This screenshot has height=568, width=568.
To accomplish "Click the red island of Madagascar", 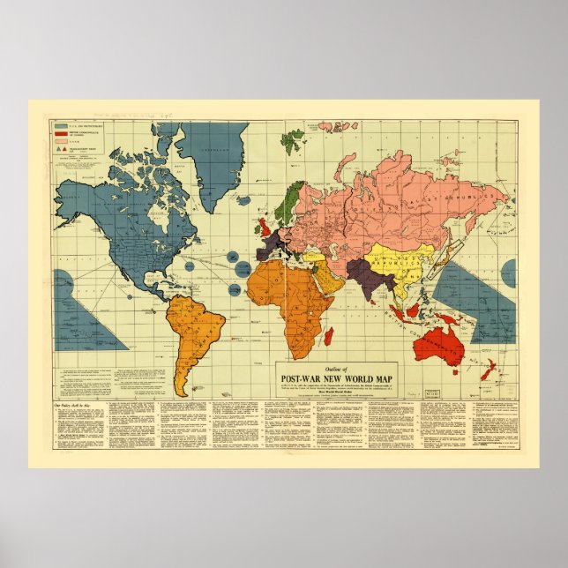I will (328, 335).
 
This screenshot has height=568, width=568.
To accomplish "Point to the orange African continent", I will (287, 295).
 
